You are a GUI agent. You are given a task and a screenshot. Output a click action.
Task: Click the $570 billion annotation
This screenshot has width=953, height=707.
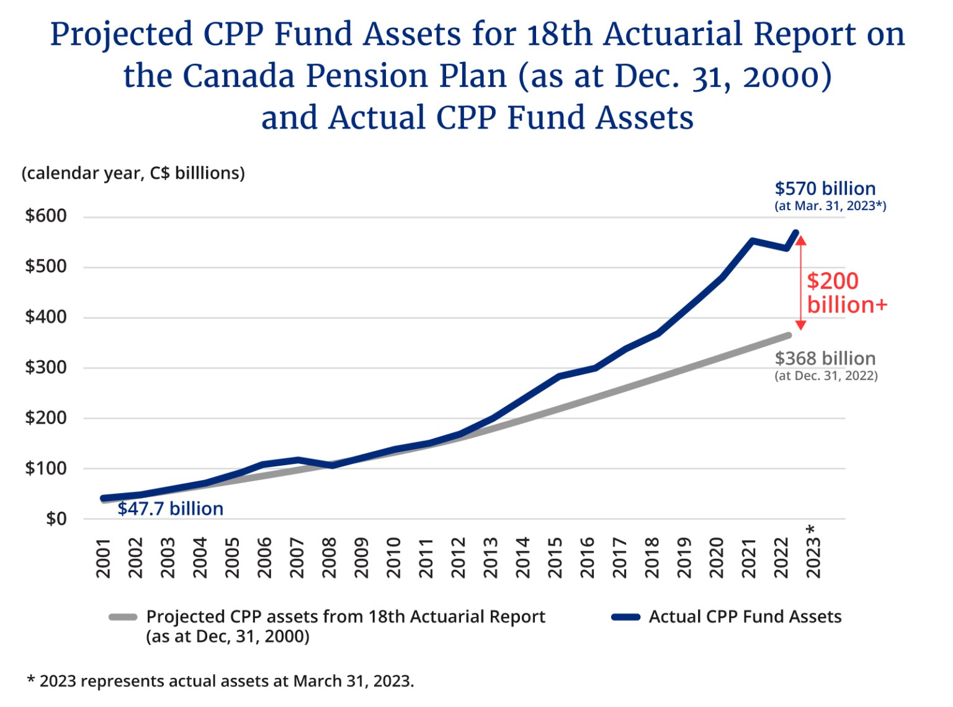(825, 189)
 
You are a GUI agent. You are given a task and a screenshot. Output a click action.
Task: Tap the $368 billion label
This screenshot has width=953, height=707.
(825, 358)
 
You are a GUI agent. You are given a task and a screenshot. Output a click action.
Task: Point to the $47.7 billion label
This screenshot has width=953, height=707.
(170, 509)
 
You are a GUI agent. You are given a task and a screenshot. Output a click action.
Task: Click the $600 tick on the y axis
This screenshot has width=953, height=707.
(45, 216)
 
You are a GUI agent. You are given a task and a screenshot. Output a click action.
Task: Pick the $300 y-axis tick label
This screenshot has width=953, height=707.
(45, 367)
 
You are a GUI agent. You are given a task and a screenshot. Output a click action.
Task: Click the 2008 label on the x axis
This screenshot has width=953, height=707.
(329, 558)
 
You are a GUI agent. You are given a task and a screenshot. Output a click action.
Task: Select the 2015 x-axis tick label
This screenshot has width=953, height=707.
(555, 558)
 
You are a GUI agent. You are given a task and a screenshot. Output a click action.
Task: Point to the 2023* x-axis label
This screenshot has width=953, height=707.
(813, 552)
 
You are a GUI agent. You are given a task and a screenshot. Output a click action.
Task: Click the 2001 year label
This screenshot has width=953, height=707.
(103, 558)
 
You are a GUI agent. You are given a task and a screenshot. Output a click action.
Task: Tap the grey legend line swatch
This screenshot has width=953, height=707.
(122, 617)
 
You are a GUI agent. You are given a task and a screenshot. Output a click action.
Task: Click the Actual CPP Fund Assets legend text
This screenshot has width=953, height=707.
(745, 617)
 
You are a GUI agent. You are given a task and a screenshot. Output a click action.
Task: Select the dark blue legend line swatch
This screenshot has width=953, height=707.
(625, 617)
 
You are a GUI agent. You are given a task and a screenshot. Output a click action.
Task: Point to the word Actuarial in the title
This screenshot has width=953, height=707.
(673, 34)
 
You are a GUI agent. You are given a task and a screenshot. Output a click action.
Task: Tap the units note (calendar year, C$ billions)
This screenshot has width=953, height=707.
(133, 173)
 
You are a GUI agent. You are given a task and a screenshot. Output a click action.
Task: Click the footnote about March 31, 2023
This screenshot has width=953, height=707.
(220, 681)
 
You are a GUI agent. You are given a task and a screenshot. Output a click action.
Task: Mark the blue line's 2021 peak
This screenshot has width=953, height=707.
(752, 241)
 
